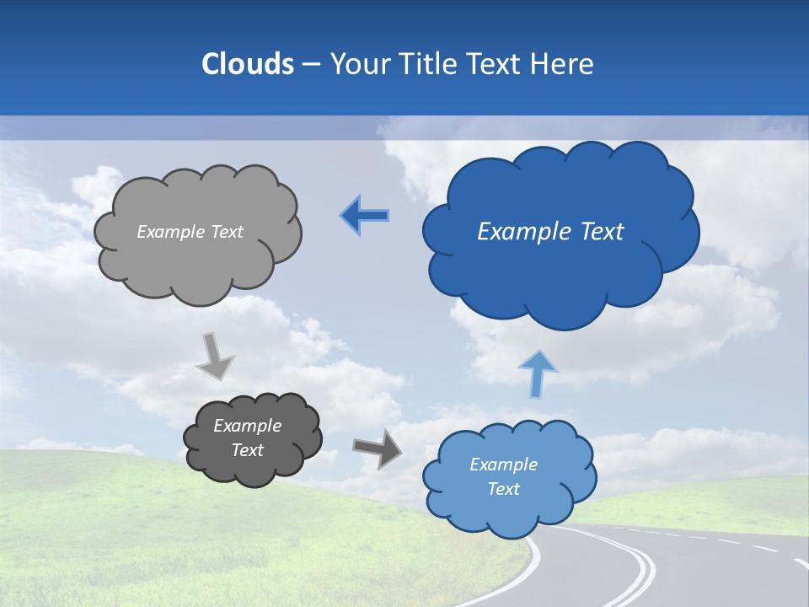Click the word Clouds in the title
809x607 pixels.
247,64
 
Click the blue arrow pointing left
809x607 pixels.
365,216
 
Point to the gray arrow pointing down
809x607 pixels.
215,356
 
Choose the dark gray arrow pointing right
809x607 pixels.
378,448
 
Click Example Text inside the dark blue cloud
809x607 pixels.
550,232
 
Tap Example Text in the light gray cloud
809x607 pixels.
190,232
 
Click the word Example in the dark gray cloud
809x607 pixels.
248,426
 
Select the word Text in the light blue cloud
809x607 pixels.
504,489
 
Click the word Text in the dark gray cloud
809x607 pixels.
248,450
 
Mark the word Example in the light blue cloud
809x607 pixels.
503,465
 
